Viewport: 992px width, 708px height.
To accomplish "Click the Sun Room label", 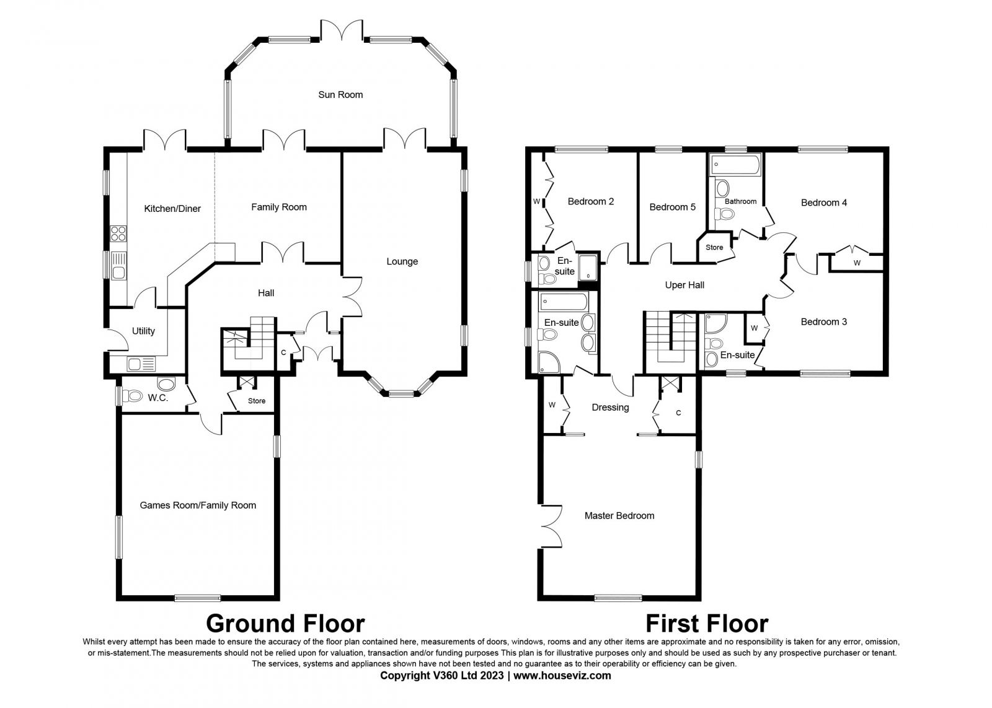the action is [x=340, y=95].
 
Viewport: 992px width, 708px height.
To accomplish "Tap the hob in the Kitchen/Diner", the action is [x=118, y=233].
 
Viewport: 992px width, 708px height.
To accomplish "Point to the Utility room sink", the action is [x=141, y=364].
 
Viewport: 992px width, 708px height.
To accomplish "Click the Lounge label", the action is [x=402, y=261].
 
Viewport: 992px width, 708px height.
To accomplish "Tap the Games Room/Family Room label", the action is [x=198, y=505].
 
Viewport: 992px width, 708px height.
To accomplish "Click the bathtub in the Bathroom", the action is [x=735, y=165].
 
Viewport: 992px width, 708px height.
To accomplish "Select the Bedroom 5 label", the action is [x=672, y=207].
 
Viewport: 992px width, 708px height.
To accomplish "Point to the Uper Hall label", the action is [x=684, y=286].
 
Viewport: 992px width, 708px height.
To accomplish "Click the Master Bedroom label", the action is [x=619, y=515].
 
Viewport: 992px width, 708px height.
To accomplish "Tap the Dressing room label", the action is [x=610, y=408].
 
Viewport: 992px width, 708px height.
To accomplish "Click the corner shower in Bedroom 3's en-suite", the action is [x=715, y=323].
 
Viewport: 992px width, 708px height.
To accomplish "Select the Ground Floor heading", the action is [x=285, y=624].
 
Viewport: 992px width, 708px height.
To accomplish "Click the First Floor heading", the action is [x=707, y=624].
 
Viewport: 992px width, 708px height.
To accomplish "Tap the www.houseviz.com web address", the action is [x=562, y=676].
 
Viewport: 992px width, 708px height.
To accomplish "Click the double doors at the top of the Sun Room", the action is [x=342, y=30].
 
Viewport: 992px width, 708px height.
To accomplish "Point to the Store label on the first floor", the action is [x=714, y=247].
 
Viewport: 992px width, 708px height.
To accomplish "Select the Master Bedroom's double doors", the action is [x=552, y=527].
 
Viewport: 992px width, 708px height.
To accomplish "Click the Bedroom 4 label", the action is [x=824, y=203].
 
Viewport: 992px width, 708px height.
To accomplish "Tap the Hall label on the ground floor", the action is [x=266, y=293].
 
